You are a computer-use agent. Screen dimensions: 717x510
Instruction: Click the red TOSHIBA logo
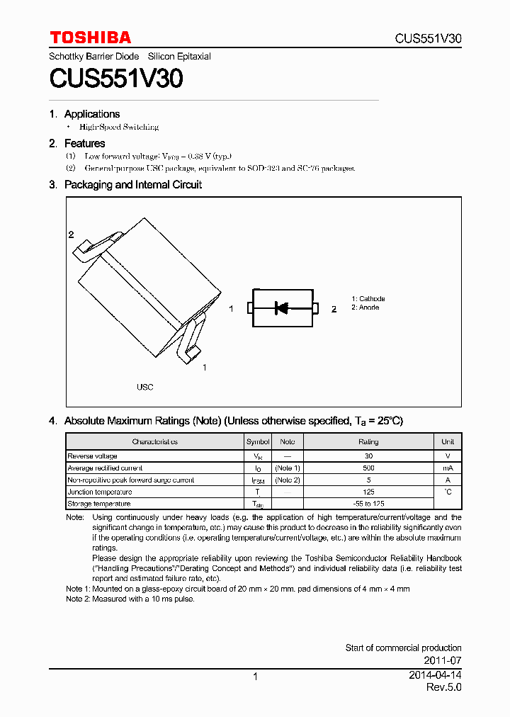coord(90,38)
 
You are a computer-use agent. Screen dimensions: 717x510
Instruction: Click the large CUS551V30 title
coord(116,79)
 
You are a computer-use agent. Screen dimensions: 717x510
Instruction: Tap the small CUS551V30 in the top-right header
coord(428,39)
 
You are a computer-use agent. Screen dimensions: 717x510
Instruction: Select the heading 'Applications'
coord(91,114)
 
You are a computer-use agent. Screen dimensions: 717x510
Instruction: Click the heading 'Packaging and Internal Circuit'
coord(132,184)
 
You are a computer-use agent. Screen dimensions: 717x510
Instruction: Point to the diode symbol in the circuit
coord(282,307)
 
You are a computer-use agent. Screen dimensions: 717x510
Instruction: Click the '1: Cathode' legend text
coord(368,299)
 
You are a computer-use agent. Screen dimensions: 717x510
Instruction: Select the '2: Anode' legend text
coord(365,307)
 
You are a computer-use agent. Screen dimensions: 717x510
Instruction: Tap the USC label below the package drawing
coord(144,388)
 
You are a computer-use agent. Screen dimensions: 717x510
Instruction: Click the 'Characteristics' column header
coord(154,441)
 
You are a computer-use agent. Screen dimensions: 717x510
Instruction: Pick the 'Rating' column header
coord(368,441)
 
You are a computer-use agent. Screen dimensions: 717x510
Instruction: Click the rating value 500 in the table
coord(368,468)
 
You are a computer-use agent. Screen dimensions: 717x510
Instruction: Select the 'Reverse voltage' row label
coord(92,456)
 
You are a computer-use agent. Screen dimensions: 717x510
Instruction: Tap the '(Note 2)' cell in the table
coord(288,480)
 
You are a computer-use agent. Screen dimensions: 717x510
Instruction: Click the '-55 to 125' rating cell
coord(368,504)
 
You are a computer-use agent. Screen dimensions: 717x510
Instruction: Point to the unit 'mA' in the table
coord(448,468)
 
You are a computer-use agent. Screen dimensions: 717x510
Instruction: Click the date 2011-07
coord(445,660)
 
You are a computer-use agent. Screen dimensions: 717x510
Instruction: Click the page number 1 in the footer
coord(255,677)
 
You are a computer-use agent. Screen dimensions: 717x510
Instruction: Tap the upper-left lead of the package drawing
coord(92,244)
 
